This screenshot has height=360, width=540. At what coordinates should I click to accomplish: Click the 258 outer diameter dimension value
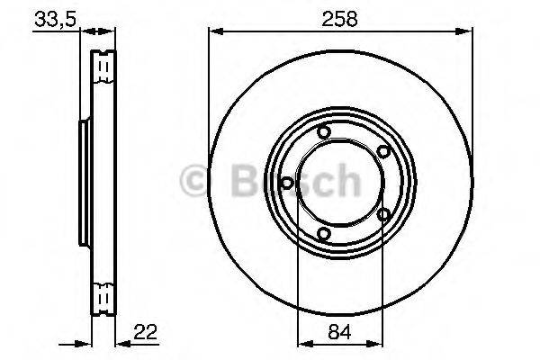point(341,17)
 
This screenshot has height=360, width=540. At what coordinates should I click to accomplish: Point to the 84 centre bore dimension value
point(341,329)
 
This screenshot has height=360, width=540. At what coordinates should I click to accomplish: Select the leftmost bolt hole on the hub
point(286,184)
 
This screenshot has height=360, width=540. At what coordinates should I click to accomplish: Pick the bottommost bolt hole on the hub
point(325,235)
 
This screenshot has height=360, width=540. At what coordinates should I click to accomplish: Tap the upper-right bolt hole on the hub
point(384,152)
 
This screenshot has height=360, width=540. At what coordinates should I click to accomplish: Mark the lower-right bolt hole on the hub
point(384,214)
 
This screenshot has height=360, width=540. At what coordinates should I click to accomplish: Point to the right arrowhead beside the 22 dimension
point(123,343)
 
